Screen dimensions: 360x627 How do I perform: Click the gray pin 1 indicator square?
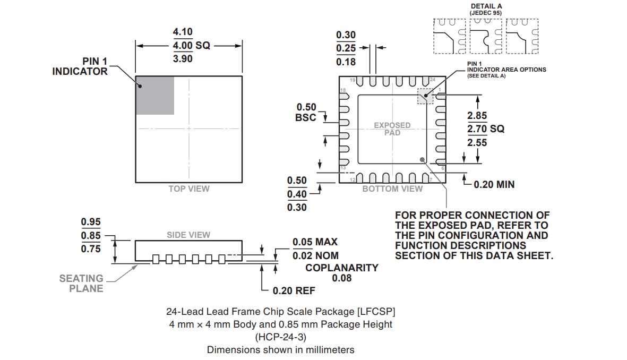click(155, 95)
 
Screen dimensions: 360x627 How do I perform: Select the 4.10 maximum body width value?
click(183, 32)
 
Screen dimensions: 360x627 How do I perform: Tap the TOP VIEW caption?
click(189, 188)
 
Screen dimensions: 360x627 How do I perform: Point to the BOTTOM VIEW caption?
click(392, 188)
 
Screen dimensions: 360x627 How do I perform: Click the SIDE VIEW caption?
click(188, 235)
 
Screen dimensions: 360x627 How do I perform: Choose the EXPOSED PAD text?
click(392, 129)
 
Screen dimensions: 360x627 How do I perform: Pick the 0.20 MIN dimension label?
click(494, 184)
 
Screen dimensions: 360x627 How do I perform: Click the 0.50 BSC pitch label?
click(306, 113)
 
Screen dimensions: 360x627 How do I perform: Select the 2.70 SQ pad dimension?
click(485, 129)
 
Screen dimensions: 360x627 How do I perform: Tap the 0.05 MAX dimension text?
click(315, 242)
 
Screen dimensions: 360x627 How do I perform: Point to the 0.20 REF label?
click(294, 290)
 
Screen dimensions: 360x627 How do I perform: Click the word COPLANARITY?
click(342, 268)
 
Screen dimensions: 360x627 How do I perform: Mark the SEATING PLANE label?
click(82, 283)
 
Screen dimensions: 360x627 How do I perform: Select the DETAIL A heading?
click(486, 6)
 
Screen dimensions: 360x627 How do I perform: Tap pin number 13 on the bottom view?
click(343, 168)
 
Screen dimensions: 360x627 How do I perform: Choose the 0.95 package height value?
click(91, 222)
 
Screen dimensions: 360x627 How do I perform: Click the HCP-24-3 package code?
click(280, 337)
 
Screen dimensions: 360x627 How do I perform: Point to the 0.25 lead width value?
click(346, 48)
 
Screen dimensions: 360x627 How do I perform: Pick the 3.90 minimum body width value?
click(183, 59)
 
